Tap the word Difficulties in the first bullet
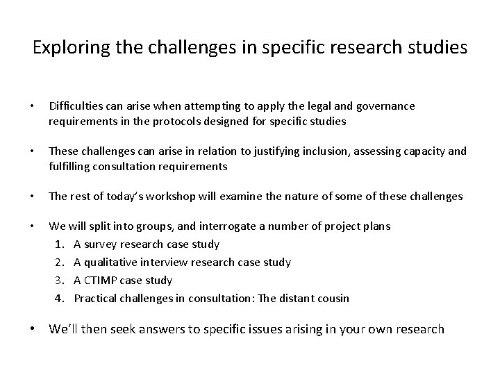click(x=75, y=106)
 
